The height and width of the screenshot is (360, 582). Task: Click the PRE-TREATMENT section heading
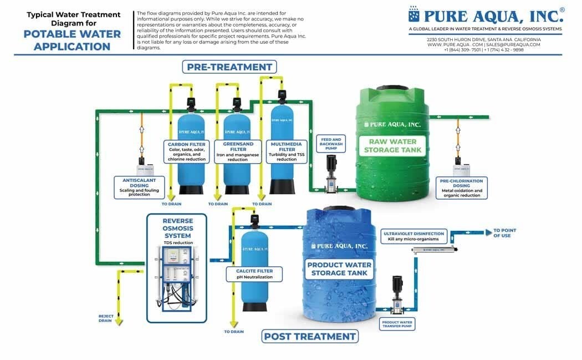click(x=229, y=67)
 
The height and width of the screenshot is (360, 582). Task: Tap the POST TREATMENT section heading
click(x=310, y=336)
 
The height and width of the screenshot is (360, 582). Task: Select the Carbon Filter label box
click(x=187, y=151)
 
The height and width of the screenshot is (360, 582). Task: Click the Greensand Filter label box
click(x=238, y=151)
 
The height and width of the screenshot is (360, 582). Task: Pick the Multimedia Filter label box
click(x=287, y=151)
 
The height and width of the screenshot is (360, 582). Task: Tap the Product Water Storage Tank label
click(x=340, y=268)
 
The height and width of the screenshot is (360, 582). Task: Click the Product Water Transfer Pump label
click(x=398, y=324)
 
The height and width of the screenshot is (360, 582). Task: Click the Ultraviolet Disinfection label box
click(x=413, y=236)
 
